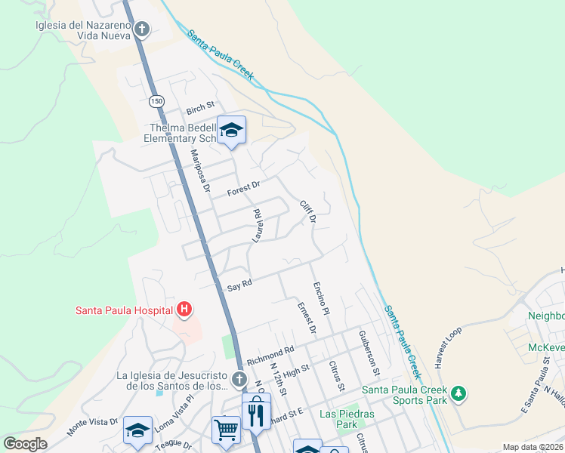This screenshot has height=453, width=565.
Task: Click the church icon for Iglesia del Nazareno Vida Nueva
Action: [x=142, y=29]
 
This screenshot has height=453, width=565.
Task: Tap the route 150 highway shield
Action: [x=156, y=101]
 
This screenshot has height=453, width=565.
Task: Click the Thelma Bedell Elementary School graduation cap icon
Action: [x=232, y=131]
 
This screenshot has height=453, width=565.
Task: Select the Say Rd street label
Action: [x=239, y=285]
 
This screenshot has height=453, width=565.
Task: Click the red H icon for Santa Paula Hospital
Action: [x=184, y=309]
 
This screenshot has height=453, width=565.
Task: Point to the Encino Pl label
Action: [x=320, y=299]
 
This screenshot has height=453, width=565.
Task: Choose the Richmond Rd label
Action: [x=269, y=354]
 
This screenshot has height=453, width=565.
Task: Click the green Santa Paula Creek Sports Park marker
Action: [x=458, y=393]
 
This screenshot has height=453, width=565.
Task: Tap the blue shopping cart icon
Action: [x=226, y=429]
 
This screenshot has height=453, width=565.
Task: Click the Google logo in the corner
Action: [x=25, y=444]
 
